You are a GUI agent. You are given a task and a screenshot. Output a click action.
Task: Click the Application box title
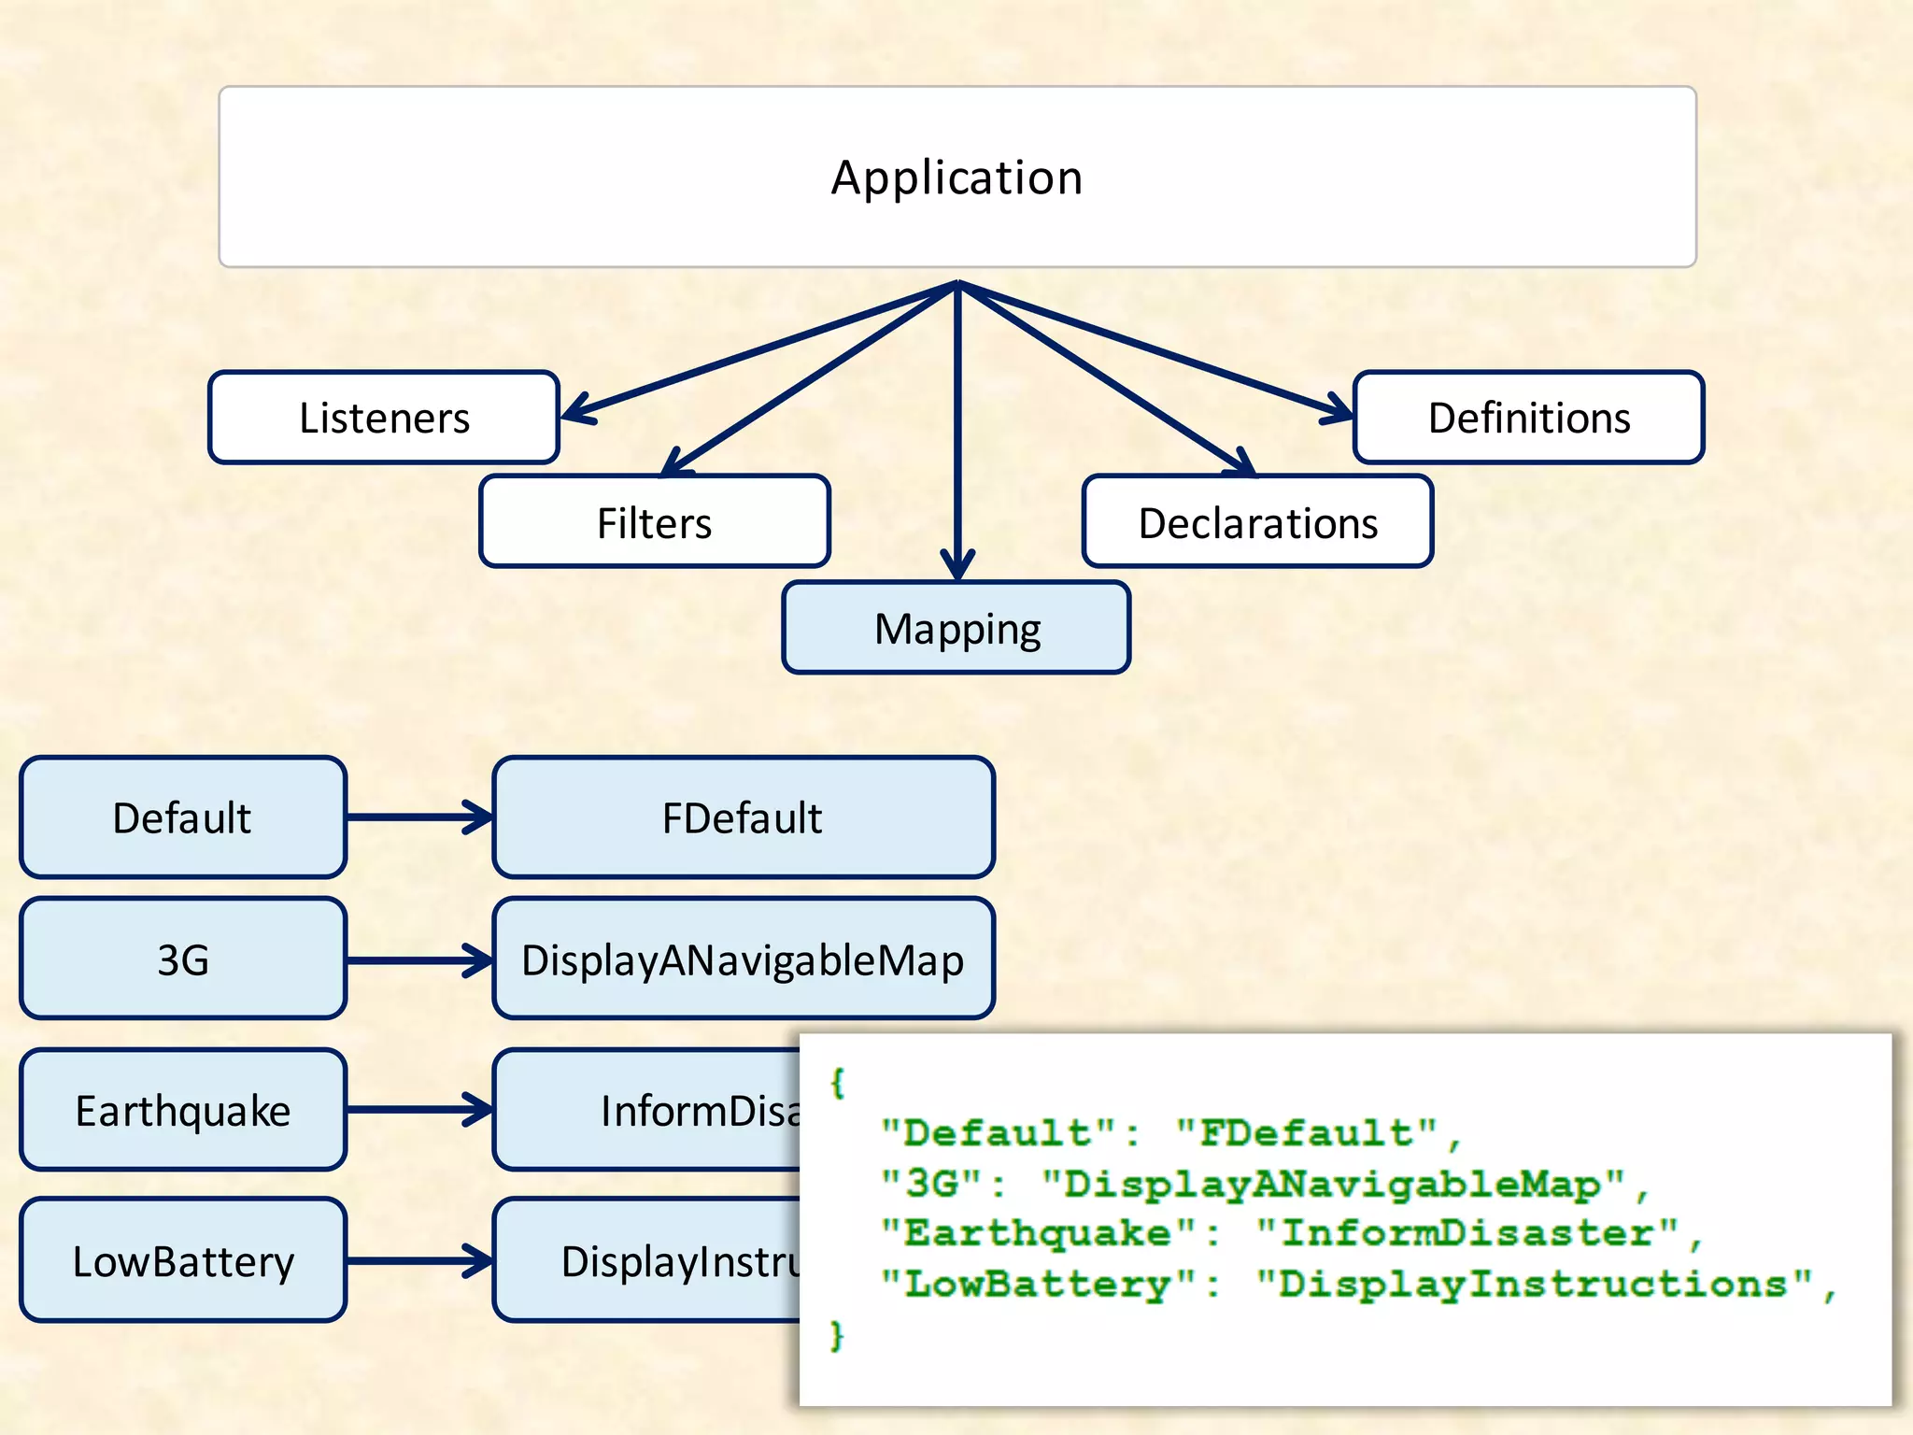pos(956,178)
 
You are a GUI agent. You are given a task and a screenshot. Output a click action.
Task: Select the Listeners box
pos(384,418)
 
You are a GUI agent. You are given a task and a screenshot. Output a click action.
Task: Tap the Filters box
pos(654,522)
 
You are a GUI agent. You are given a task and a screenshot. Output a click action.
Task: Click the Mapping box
pos(956,628)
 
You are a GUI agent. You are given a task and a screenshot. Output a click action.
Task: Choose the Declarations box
pos(1257,522)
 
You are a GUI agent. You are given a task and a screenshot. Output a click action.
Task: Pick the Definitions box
pos(1528,418)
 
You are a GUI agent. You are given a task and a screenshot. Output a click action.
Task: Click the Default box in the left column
pos(182,817)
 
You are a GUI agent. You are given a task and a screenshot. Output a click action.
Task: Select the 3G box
pos(182,959)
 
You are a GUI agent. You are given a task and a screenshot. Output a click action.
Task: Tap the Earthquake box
pos(182,1110)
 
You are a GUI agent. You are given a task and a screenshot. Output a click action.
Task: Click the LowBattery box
pos(182,1260)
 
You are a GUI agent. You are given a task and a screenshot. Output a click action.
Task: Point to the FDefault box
pos(743,817)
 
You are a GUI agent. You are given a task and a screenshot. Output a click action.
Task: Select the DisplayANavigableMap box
pos(743,959)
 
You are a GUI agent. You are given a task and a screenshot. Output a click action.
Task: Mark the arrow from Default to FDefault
pos(418,817)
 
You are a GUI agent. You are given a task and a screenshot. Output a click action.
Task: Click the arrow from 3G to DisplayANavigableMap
pos(418,959)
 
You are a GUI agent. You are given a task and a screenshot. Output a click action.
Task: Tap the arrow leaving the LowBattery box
pos(418,1260)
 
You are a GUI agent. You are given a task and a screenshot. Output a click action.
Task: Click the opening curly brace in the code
pos(838,1082)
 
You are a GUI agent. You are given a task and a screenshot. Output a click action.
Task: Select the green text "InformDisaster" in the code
pos(1467,1233)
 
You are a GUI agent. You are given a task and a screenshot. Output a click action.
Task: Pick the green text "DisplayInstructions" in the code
pos(1532,1285)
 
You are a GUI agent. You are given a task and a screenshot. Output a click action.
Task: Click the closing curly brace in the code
pos(837,1335)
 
